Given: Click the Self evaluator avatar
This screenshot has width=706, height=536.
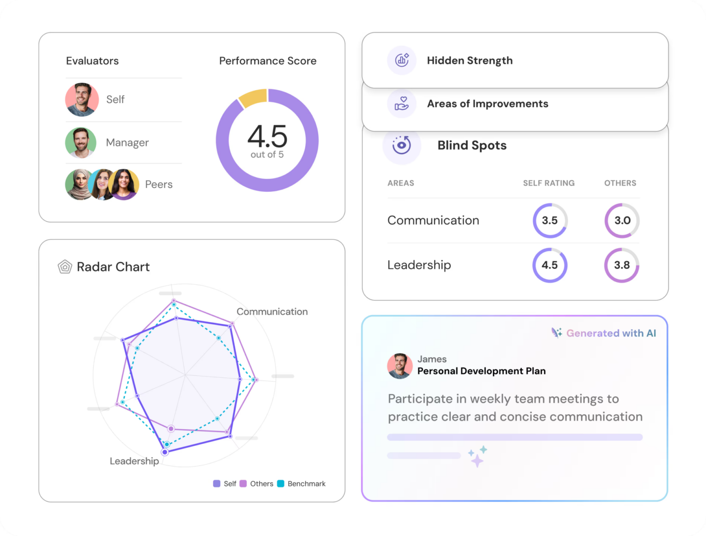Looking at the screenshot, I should pyautogui.click(x=82, y=99).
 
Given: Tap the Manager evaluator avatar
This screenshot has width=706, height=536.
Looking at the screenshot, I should pyautogui.click(x=81, y=143).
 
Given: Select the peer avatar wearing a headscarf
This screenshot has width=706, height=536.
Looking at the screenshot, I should pyautogui.click(x=79, y=184).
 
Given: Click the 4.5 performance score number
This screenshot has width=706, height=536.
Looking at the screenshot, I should pyautogui.click(x=267, y=136).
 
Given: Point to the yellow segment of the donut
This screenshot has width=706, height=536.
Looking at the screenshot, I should pyautogui.click(x=253, y=97).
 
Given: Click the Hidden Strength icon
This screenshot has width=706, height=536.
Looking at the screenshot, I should pyautogui.click(x=402, y=60).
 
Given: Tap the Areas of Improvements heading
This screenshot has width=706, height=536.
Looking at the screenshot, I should pyautogui.click(x=487, y=104).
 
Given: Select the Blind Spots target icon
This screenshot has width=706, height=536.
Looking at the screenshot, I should pyautogui.click(x=401, y=145).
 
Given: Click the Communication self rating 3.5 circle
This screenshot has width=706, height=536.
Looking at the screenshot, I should pyautogui.click(x=550, y=220).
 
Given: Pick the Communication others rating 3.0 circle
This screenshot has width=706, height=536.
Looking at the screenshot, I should pyautogui.click(x=622, y=220).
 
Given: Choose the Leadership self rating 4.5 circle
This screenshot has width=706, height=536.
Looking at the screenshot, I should pyautogui.click(x=550, y=265).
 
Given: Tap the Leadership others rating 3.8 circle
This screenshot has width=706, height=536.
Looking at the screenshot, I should pyautogui.click(x=622, y=265).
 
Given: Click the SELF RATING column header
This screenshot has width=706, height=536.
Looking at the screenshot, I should pyautogui.click(x=548, y=183).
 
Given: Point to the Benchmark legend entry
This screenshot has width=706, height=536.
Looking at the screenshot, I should pyautogui.click(x=302, y=484).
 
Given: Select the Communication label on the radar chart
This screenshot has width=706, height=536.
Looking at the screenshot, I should pyautogui.click(x=272, y=311).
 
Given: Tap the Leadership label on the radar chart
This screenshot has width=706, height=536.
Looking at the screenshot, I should pyautogui.click(x=134, y=461).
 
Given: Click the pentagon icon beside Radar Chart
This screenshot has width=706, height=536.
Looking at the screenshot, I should pyautogui.click(x=65, y=267).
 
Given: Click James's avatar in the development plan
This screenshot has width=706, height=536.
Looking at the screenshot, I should pyautogui.click(x=400, y=366).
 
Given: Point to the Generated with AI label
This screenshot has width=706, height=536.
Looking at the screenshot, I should pyautogui.click(x=604, y=333).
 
